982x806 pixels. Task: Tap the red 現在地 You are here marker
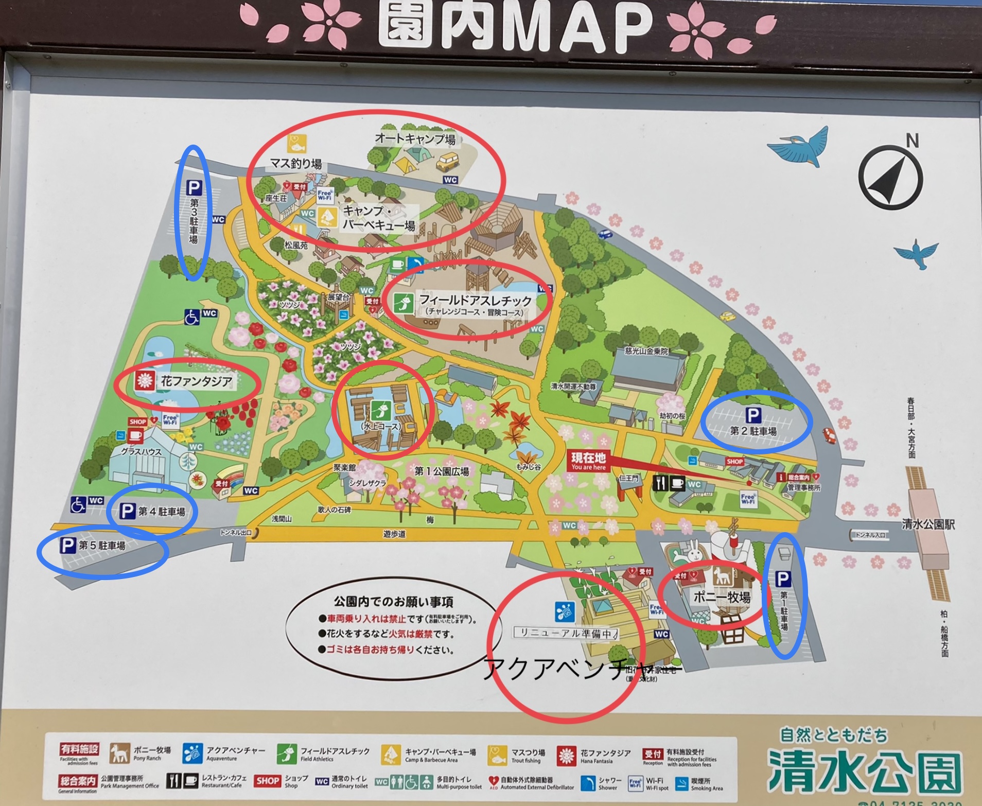coord(588,461)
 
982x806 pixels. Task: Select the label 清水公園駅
coord(928,524)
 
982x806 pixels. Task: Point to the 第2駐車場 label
coord(753,431)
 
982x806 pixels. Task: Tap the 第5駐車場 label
coord(102,546)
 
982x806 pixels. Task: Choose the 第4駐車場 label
coord(161,512)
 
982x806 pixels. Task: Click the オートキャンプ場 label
coord(415,138)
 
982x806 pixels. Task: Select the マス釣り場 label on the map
coord(296,164)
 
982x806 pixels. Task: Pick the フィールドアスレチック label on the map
coord(475,300)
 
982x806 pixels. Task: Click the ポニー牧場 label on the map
coord(722,597)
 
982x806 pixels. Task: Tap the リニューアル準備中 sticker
coord(566,633)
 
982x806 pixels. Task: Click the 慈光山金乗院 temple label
coord(646,351)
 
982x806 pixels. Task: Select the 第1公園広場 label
coord(442,471)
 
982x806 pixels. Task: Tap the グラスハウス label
coord(141,452)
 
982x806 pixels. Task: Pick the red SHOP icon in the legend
coord(268,781)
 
